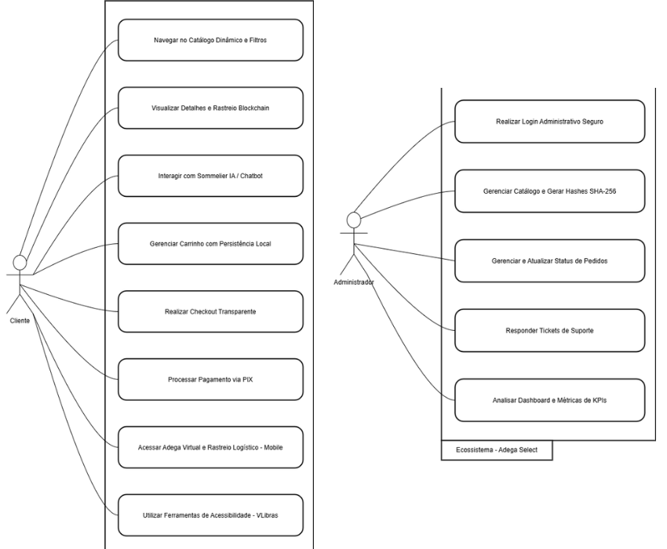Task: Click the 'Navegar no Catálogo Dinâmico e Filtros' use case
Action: (210, 40)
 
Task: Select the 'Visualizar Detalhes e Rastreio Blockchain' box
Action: (210, 107)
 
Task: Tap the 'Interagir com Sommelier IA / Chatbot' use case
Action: (210, 176)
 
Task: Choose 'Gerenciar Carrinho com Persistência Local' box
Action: (210, 243)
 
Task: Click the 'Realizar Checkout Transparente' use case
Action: (210, 311)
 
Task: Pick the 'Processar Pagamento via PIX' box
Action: (210, 380)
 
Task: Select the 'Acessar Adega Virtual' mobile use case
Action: (210, 447)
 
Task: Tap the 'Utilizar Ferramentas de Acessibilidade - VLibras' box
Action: (210, 515)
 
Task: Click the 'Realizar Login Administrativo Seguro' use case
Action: (549, 122)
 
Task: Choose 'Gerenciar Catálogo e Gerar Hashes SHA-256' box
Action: (549, 191)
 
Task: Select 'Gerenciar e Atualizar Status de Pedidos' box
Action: (549, 260)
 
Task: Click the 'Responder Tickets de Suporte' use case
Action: (549, 330)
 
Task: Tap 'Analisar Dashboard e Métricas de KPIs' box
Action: (549, 400)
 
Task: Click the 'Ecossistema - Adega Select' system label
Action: (496, 451)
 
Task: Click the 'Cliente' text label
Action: (20, 321)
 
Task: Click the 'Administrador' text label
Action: (354, 281)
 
